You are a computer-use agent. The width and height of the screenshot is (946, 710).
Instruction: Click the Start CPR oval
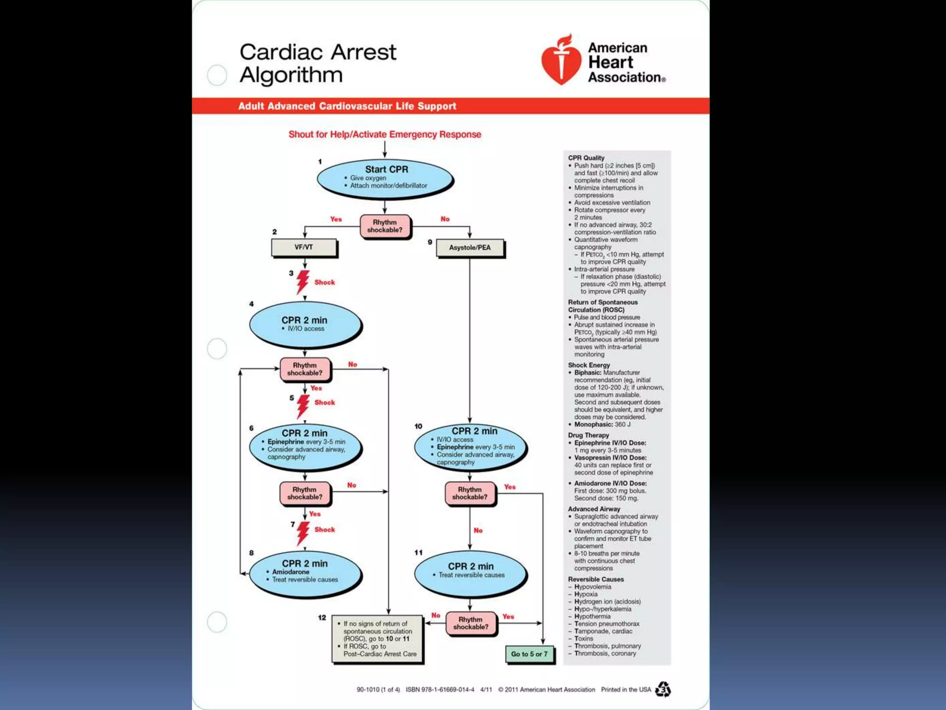[385, 179]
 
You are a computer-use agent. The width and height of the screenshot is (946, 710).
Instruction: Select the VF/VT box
[304, 248]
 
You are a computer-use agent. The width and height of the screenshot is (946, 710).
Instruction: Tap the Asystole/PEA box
[470, 248]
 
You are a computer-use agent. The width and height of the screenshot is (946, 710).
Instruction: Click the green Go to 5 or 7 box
[529, 654]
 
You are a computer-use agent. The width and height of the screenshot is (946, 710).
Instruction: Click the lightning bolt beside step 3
[303, 282]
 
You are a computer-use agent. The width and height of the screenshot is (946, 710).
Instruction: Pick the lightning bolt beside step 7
[303, 532]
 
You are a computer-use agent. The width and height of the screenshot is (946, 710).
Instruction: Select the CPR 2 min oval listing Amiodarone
[305, 573]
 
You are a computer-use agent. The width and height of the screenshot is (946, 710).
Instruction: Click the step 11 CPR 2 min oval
[470, 572]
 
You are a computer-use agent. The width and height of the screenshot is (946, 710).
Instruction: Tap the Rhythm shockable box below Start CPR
[385, 226]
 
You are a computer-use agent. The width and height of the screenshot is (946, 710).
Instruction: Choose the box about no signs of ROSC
[377, 639]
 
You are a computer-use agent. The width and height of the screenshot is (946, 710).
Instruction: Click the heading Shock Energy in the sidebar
[588, 365]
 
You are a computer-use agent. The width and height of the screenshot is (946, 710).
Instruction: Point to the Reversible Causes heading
[595, 579]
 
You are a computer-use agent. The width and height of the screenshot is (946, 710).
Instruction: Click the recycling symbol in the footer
[663, 689]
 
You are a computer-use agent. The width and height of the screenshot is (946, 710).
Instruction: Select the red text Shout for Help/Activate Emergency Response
[384, 135]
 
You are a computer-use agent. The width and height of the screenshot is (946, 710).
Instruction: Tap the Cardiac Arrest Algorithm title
[317, 63]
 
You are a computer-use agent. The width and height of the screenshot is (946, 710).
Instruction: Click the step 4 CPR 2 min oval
[305, 324]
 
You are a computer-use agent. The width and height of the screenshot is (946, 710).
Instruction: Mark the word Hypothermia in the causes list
[592, 616]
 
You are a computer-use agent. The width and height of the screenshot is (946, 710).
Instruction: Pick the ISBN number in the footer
[440, 690]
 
